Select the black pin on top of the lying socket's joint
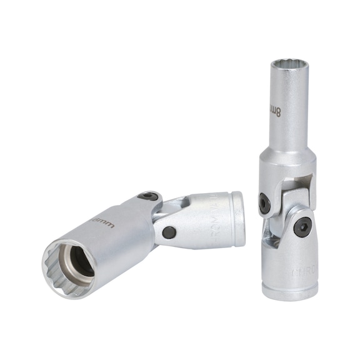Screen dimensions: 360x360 147,196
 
